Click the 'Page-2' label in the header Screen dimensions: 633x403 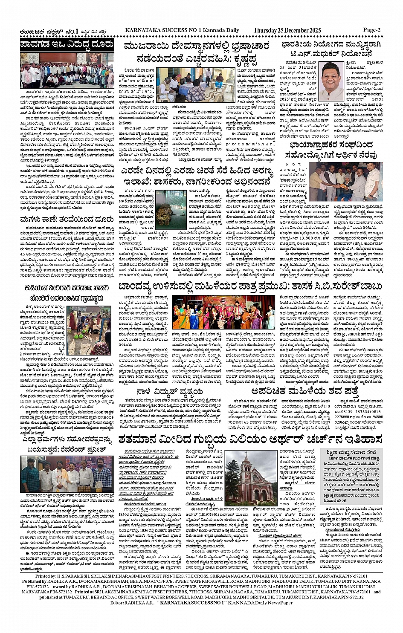[x=372, y=30]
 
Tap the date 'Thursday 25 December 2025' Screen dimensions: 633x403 [x=287, y=30]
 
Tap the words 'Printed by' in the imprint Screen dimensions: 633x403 [x=46, y=576]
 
